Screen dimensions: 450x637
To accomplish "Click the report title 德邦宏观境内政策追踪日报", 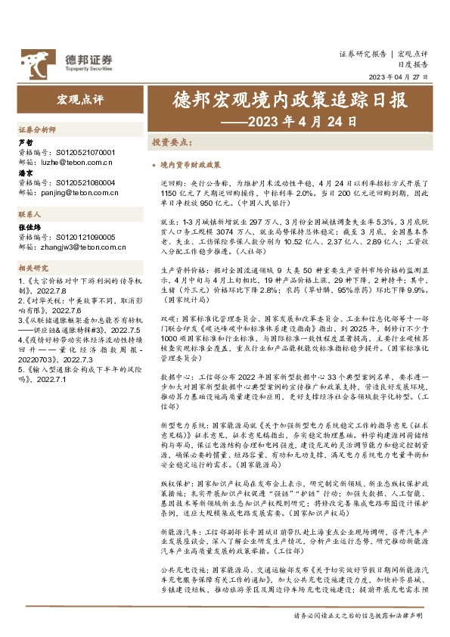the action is pos(290,101).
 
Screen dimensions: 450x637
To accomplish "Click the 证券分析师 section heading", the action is pos(36,130).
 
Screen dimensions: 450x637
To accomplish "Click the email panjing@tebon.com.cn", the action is pos(82,193).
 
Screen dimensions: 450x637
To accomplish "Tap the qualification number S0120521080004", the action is pos(85,182).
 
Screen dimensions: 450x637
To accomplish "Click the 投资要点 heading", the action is pos(171,142).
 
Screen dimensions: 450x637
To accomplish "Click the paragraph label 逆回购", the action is pos(170,184).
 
